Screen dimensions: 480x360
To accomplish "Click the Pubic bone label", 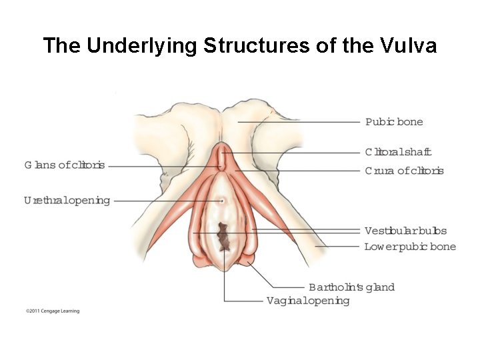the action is [394, 122].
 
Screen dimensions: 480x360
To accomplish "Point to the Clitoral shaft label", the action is [398, 152].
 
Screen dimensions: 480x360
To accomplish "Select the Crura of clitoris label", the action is [404, 171].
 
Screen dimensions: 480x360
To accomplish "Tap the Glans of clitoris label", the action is [65, 165].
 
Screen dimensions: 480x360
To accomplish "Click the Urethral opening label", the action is [67, 200].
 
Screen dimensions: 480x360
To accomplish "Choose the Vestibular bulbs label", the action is [405, 231].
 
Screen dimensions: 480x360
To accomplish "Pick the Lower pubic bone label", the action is [410, 247].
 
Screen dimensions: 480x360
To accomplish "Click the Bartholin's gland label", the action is [351, 287].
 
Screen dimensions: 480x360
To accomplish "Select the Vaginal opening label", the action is [307, 301].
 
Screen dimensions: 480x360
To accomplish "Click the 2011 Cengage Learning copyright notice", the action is [53, 311].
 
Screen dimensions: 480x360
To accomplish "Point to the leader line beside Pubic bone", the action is [300, 122].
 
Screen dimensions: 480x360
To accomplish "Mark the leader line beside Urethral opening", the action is [167, 200].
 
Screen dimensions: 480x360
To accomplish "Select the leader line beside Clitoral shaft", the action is [293, 153].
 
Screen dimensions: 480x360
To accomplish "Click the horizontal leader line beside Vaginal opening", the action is [243, 301].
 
